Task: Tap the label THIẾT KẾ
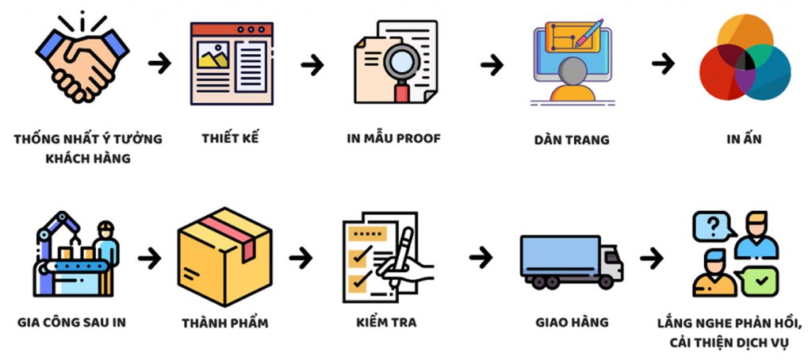pyautogui.click(x=231, y=137)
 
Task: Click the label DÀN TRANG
pyautogui.click(x=571, y=140)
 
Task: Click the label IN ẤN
pyautogui.click(x=745, y=140)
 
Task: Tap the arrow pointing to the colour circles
pyautogui.click(x=663, y=63)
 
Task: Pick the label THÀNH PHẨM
pyautogui.click(x=224, y=323)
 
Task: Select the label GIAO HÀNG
pyautogui.click(x=571, y=322)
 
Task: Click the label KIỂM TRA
pyautogui.click(x=386, y=323)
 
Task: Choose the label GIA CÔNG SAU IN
pyautogui.click(x=71, y=323)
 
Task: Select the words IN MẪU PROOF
pyautogui.click(x=393, y=138)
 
